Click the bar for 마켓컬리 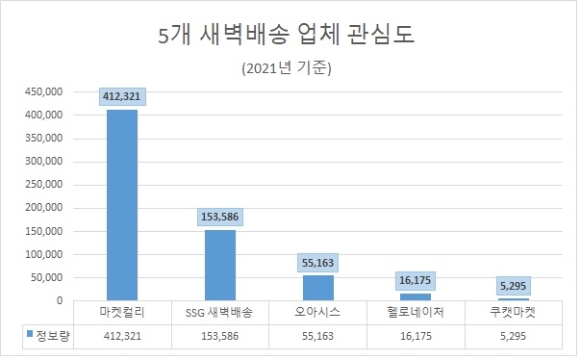coord(122,204)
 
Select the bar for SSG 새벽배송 coord(220,265)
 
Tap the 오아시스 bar coord(318,288)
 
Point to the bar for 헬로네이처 coord(417,296)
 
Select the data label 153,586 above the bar coord(220,217)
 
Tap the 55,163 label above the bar coord(318,262)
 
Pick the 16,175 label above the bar coord(417,280)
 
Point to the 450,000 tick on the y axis coord(42,91)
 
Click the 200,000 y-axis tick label coord(42,208)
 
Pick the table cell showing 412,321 coord(122,336)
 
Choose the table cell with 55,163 coord(318,336)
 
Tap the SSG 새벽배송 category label coord(220,313)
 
